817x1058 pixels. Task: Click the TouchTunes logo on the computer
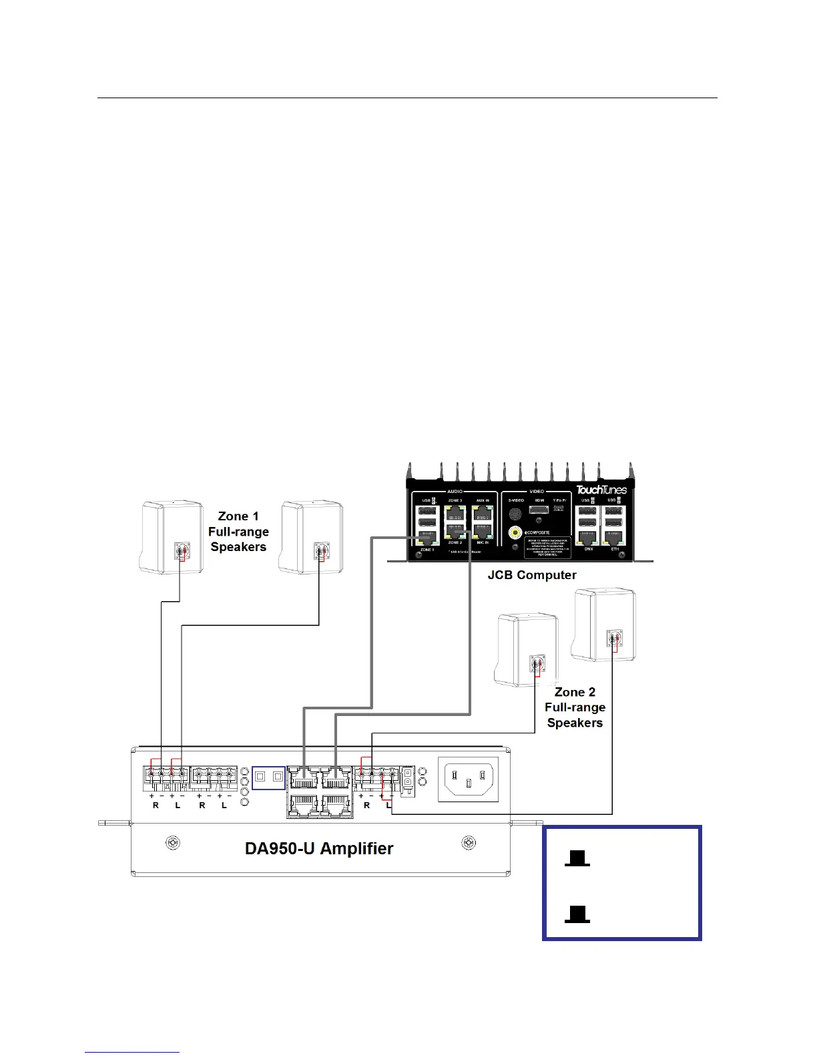click(601, 490)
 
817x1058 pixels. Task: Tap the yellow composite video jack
click(515, 532)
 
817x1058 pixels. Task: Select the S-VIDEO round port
click(515, 514)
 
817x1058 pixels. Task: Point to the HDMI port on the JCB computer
click(540, 510)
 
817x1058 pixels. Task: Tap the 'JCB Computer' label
click(532, 575)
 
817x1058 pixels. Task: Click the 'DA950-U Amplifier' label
click(319, 848)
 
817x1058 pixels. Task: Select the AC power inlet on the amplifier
click(468, 779)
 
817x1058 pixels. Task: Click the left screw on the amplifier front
click(172, 844)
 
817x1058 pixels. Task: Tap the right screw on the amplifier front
click(469, 844)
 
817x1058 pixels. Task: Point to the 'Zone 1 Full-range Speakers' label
click(238, 532)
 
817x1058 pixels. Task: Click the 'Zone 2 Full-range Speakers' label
click(575, 707)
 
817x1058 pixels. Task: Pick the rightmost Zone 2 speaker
click(603, 625)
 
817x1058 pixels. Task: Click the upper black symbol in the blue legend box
click(577, 859)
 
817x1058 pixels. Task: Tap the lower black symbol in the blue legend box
click(577, 914)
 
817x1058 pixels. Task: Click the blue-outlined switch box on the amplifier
click(268, 778)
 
